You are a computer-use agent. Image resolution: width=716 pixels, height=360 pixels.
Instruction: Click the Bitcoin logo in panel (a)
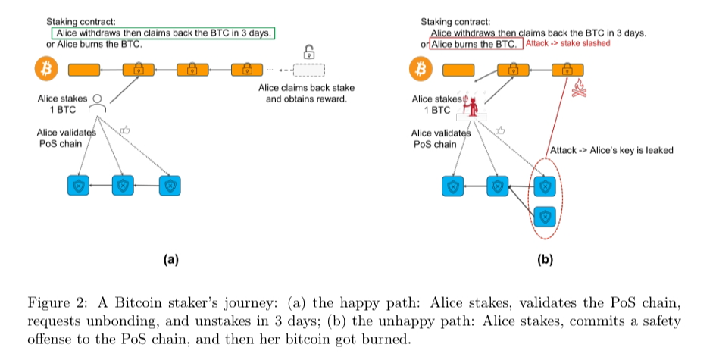pos(44,70)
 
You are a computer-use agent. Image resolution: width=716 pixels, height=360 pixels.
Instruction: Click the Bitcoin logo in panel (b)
pos(418,70)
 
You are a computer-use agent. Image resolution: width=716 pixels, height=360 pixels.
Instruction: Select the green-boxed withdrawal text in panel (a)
pos(162,33)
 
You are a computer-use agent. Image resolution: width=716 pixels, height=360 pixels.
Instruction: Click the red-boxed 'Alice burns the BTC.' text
pos(474,44)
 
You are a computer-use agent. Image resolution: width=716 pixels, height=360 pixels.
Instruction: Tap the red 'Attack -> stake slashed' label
pos(567,44)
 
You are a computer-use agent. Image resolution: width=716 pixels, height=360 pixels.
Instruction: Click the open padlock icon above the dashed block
pos(308,52)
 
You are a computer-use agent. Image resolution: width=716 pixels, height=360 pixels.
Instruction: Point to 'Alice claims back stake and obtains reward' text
pos(306,93)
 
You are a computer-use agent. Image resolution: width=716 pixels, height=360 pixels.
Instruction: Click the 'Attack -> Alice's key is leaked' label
pos(611,150)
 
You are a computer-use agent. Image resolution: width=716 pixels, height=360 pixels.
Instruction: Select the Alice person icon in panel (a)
pos(97,105)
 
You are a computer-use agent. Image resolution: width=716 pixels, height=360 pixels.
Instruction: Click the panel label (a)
pos(170,259)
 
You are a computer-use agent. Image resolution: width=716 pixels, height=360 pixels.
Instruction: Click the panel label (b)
pos(545,259)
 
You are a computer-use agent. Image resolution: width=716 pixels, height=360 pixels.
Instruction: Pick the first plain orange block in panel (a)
pos(84,70)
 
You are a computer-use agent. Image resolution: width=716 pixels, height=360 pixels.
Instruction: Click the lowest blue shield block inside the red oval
pos(543,216)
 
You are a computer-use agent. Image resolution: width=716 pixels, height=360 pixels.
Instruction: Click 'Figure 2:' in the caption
pos(52,302)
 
